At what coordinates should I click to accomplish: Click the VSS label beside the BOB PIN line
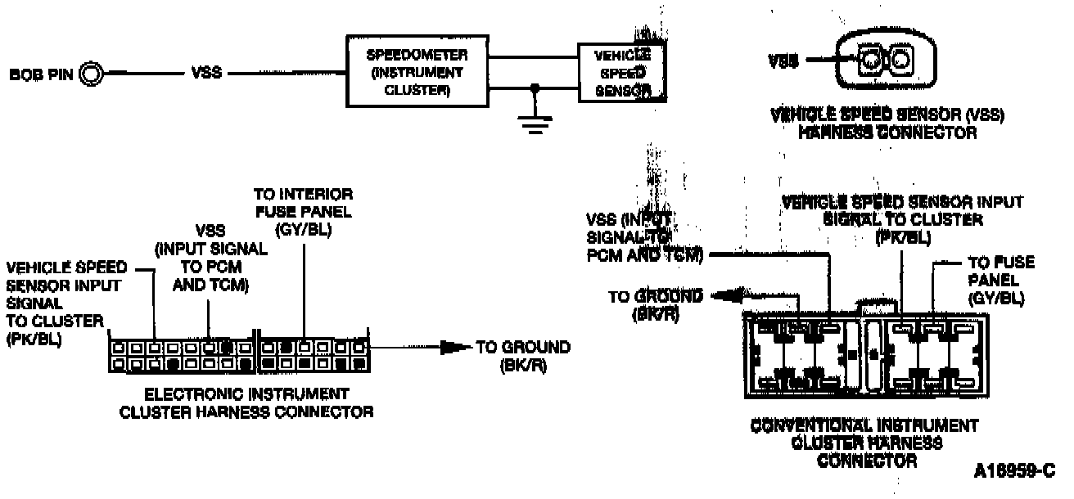point(204,75)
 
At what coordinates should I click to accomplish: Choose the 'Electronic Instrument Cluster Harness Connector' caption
point(246,402)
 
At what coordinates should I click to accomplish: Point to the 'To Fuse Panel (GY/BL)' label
point(1000,281)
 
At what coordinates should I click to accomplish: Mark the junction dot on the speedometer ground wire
point(535,86)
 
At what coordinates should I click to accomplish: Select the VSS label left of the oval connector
point(783,60)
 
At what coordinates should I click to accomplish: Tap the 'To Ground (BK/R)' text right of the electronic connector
point(523,356)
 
